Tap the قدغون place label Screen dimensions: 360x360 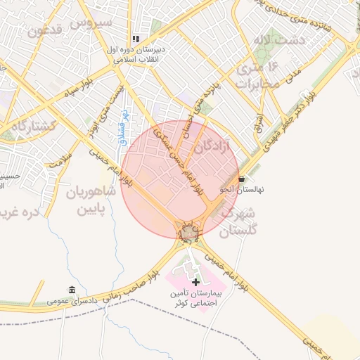pos(47,30)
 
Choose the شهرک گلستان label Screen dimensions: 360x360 pos(238,221)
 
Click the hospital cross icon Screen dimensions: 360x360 pos(195,282)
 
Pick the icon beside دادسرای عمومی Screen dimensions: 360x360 pos(72,290)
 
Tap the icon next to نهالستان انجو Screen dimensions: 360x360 pos(243,179)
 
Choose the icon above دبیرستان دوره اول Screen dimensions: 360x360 pos(136,39)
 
